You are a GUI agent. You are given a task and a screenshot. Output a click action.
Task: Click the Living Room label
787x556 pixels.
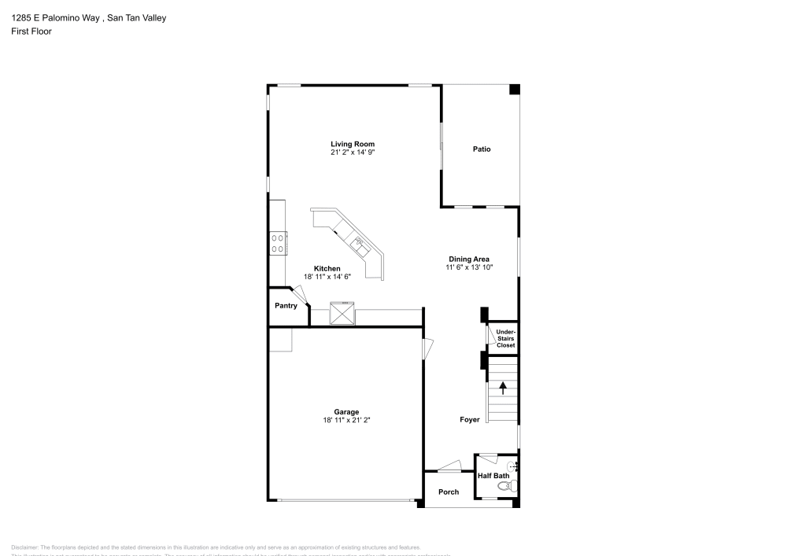click(352, 144)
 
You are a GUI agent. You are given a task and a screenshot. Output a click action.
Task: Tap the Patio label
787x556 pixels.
click(482, 149)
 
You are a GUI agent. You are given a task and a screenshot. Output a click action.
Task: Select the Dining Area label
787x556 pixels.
click(469, 259)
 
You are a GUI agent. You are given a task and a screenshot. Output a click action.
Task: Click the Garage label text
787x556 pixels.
click(346, 411)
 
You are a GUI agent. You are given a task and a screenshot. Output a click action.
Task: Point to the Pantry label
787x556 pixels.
click(286, 305)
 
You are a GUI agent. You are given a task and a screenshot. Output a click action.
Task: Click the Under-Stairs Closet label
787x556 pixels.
click(505, 339)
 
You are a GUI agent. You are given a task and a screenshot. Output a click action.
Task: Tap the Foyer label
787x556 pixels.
click(470, 420)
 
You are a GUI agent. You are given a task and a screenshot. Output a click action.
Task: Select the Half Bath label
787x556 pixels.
click(493, 476)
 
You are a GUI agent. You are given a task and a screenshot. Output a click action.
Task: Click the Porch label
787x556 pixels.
click(449, 492)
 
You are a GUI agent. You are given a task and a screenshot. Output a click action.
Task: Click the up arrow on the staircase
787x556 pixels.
click(503, 388)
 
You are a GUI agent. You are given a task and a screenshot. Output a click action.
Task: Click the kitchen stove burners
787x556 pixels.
click(277, 242)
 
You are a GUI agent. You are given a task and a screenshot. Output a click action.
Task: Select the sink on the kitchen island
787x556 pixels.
click(359, 243)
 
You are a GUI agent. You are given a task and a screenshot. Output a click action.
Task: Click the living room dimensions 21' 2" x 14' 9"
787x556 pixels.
click(352, 153)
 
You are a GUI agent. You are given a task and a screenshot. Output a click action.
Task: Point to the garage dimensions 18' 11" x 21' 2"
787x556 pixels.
click(346, 420)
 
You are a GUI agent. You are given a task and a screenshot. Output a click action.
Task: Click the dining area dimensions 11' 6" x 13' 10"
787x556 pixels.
click(469, 267)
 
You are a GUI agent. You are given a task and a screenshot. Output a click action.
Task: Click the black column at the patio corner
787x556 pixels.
click(514, 90)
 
